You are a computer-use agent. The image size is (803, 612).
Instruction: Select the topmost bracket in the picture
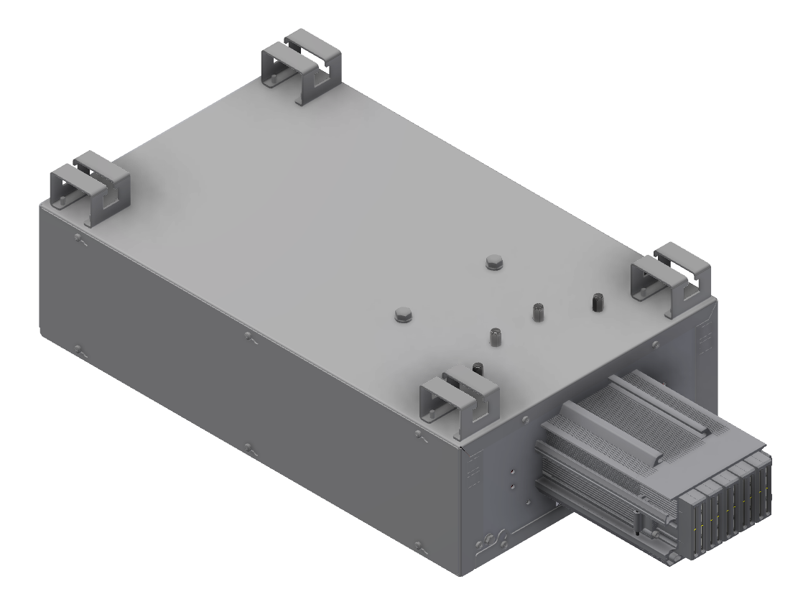pyautogui.click(x=302, y=67)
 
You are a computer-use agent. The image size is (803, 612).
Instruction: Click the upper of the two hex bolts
pyautogui.click(x=494, y=261)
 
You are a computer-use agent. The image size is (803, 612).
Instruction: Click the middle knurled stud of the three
pyautogui.click(x=538, y=312)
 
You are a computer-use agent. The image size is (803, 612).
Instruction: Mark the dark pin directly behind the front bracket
pyautogui.click(x=478, y=369)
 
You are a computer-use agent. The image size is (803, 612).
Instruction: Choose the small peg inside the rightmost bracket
pyautogui.click(x=644, y=291)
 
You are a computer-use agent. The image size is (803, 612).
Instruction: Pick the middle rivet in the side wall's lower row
pyautogui.click(x=249, y=449)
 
